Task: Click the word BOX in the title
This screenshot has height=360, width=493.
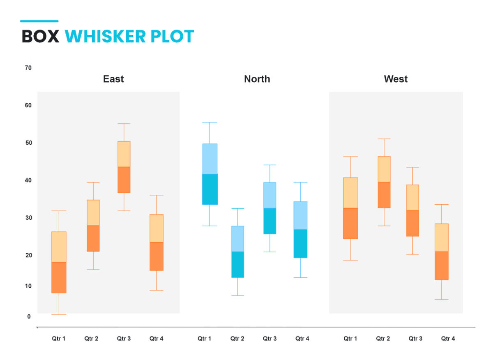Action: pos(41,37)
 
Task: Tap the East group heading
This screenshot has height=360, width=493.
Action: pos(113,79)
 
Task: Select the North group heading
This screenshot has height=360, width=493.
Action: pos(257,79)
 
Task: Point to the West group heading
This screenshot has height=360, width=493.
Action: pos(396,79)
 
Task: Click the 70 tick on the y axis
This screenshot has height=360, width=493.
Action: pos(28,68)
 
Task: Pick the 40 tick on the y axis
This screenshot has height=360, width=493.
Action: pos(28,180)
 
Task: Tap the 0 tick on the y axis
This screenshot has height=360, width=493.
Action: pos(29,316)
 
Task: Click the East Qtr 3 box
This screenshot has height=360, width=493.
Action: pos(124,167)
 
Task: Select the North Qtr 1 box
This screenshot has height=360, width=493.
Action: pos(210,174)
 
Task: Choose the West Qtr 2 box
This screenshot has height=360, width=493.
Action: pos(384,182)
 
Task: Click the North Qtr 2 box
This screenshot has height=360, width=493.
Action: pos(238,252)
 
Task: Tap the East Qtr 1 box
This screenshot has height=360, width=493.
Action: pos(59,262)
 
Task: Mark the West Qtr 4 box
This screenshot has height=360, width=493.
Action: pos(442,252)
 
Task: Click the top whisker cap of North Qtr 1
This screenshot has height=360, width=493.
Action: pos(210,122)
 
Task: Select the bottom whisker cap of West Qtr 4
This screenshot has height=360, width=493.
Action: pos(442,300)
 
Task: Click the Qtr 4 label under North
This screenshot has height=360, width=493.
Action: pos(302,339)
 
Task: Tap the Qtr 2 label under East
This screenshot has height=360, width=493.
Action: pos(91,339)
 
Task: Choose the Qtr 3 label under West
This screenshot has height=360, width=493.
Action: pos(415,339)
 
